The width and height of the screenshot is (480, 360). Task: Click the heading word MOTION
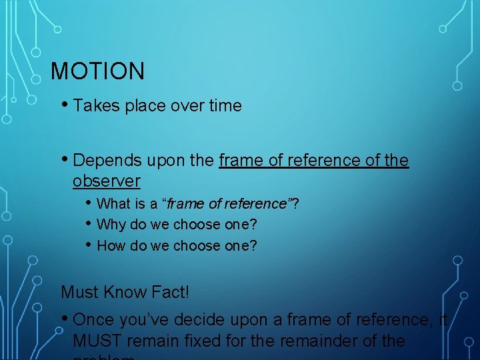[x=97, y=71]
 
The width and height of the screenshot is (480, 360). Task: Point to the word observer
[x=107, y=181]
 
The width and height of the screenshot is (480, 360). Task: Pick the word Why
[x=111, y=225]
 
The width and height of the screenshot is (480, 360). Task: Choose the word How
[x=111, y=245]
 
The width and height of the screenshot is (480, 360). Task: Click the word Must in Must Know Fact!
[x=79, y=292]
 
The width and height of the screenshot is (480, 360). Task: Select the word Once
[x=93, y=321]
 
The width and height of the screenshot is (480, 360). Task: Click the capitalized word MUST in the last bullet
[x=99, y=341]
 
